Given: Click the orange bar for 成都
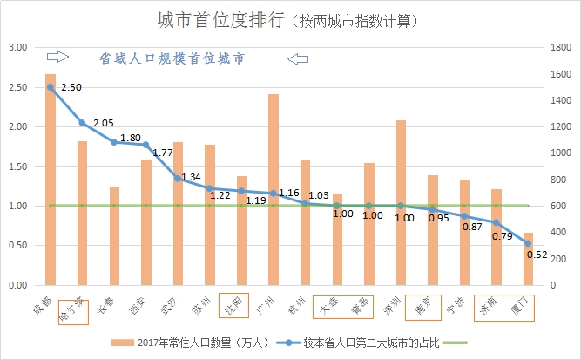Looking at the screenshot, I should [x=51, y=179].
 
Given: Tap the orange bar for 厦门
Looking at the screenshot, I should [x=528, y=259].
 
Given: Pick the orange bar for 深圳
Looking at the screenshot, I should [x=401, y=202].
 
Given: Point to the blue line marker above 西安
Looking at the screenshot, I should [x=146, y=145].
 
